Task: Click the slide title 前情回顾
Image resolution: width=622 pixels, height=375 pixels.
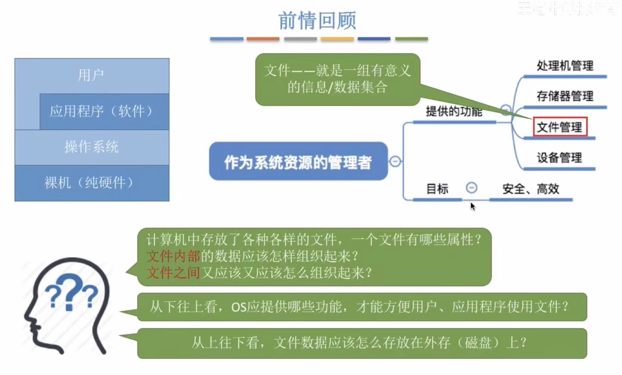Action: pyautogui.click(x=317, y=21)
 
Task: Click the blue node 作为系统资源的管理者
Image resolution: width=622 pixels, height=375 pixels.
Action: pyautogui.click(x=298, y=162)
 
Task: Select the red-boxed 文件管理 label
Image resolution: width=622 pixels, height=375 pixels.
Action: pyautogui.click(x=559, y=127)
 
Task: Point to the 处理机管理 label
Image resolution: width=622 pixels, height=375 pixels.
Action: pyautogui.click(x=565, y=66)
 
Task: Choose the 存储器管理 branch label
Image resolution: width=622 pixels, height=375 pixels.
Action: pyautogui.click(x=565, y=96)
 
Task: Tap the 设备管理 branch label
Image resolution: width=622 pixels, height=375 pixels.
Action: pyautogui.click(x=559, y=158)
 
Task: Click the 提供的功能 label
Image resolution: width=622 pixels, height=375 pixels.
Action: pyautogui.click(x=454, y=111)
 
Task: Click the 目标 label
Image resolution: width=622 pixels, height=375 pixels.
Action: pyautogui.click(x=437, y=189)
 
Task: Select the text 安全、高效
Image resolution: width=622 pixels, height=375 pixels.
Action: pyautogui.click(x=531, y=189)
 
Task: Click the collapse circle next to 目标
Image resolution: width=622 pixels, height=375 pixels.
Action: pyautogui.click(x=471, y=187)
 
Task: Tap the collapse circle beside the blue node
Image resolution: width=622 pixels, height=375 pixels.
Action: pyautogui.click(x=395, y=161)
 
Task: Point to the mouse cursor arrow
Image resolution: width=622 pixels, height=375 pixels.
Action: pyautogui.click(x=472, y=206)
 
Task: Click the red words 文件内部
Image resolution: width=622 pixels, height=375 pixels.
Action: pyautogui.click(x=173, y=256)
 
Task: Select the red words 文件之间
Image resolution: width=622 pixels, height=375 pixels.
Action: pyautogui.click(x=173, y=273)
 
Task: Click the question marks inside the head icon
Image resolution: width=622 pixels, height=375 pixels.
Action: pyautogui.click(x=71, y=292)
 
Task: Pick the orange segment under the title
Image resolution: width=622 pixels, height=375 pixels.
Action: pyautogui.click(x=263, y=39)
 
